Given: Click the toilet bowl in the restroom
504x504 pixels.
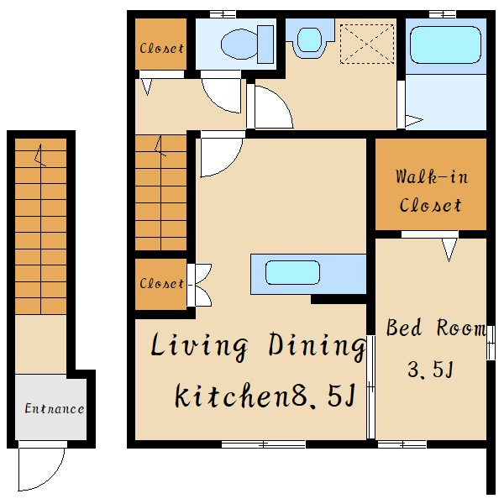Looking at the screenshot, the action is click(x=239, y=44).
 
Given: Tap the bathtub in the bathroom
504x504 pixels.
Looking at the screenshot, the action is click(x=445, y=45).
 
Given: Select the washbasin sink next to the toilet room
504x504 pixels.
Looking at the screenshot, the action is click(x=309, y=39).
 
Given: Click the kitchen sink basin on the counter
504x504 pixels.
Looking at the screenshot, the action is click(x=292, y=272).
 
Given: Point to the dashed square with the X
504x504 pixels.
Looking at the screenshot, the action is click(x=367, y=44).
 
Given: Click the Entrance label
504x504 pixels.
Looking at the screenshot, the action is click(x=55, y=408).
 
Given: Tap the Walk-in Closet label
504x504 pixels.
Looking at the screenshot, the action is click(x=431, y=191).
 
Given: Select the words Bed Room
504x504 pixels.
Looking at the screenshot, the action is click(x=436, y=328).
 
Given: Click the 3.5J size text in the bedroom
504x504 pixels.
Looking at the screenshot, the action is click(x=431, y=370).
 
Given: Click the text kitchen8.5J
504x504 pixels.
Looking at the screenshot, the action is click(x=265, y=395).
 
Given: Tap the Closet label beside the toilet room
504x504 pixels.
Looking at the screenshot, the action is click(x=161, y=49).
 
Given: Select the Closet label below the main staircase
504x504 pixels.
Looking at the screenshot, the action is click(x=161, y=284).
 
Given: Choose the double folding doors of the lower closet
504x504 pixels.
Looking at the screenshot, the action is click(x=199, y=285).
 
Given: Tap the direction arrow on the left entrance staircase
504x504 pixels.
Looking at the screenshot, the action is click(x=39, y=155).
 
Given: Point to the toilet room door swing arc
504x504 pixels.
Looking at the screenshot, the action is click(x=221, y=96).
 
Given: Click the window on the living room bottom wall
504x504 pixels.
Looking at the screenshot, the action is click(x=264, y=444).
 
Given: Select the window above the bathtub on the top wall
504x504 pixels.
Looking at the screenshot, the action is click(x=443, y=14).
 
